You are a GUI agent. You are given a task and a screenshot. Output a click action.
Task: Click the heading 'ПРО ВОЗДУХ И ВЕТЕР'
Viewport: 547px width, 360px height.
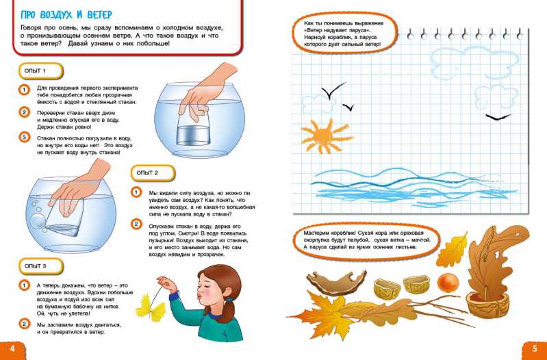tap(66, 14)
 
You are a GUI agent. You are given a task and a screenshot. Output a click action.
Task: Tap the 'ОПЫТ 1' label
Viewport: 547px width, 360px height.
tap(35, 70)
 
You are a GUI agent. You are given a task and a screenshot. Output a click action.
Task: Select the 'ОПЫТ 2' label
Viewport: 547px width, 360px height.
tap(147, 172)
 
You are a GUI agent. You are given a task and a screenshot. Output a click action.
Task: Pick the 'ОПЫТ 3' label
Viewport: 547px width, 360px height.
tap(35, 266)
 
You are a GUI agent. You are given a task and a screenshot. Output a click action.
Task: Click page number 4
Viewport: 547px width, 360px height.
tap(12, 349)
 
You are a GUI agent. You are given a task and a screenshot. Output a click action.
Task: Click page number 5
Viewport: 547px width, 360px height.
tap(535, 349)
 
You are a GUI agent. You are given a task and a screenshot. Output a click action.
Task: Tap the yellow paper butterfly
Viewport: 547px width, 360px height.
tap(151, 307)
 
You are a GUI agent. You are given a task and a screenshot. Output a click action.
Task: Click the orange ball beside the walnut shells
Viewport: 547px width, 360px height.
tap(448, 282)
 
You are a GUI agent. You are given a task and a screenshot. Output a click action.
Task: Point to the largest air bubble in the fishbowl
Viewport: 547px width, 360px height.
tap(36, 221)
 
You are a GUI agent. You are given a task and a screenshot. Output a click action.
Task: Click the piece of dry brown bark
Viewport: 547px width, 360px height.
tap(335, 282)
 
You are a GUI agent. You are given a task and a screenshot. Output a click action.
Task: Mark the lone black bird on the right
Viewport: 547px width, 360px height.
tap(498, 117)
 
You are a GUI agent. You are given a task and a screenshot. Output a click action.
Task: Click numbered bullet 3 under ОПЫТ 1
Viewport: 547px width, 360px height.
tap(24, 137)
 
